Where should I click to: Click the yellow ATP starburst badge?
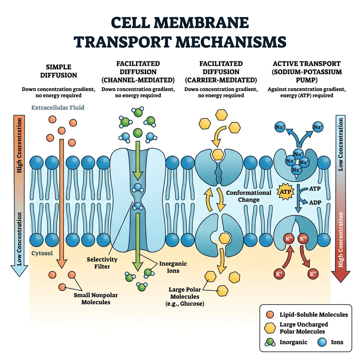pyautogui.click(x=284, y=192)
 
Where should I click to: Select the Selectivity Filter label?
pyautogui.click(x=102, y=263)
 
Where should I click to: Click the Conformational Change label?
pyautogui.click(x=249, y=196)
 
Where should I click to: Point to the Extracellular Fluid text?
pyautogui.click(x=58, y=108)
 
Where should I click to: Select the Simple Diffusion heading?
pyautogui.click(x=58, y=71)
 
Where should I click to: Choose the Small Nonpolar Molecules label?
pyautogui.click(x=96, y=298)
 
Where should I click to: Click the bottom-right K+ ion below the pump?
pyautogui.click(x=312, y=274)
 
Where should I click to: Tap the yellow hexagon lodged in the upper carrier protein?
pyautogui.click(x=218, y=154)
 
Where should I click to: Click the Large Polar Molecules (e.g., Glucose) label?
pyautogui.click(x=185, y=296)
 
